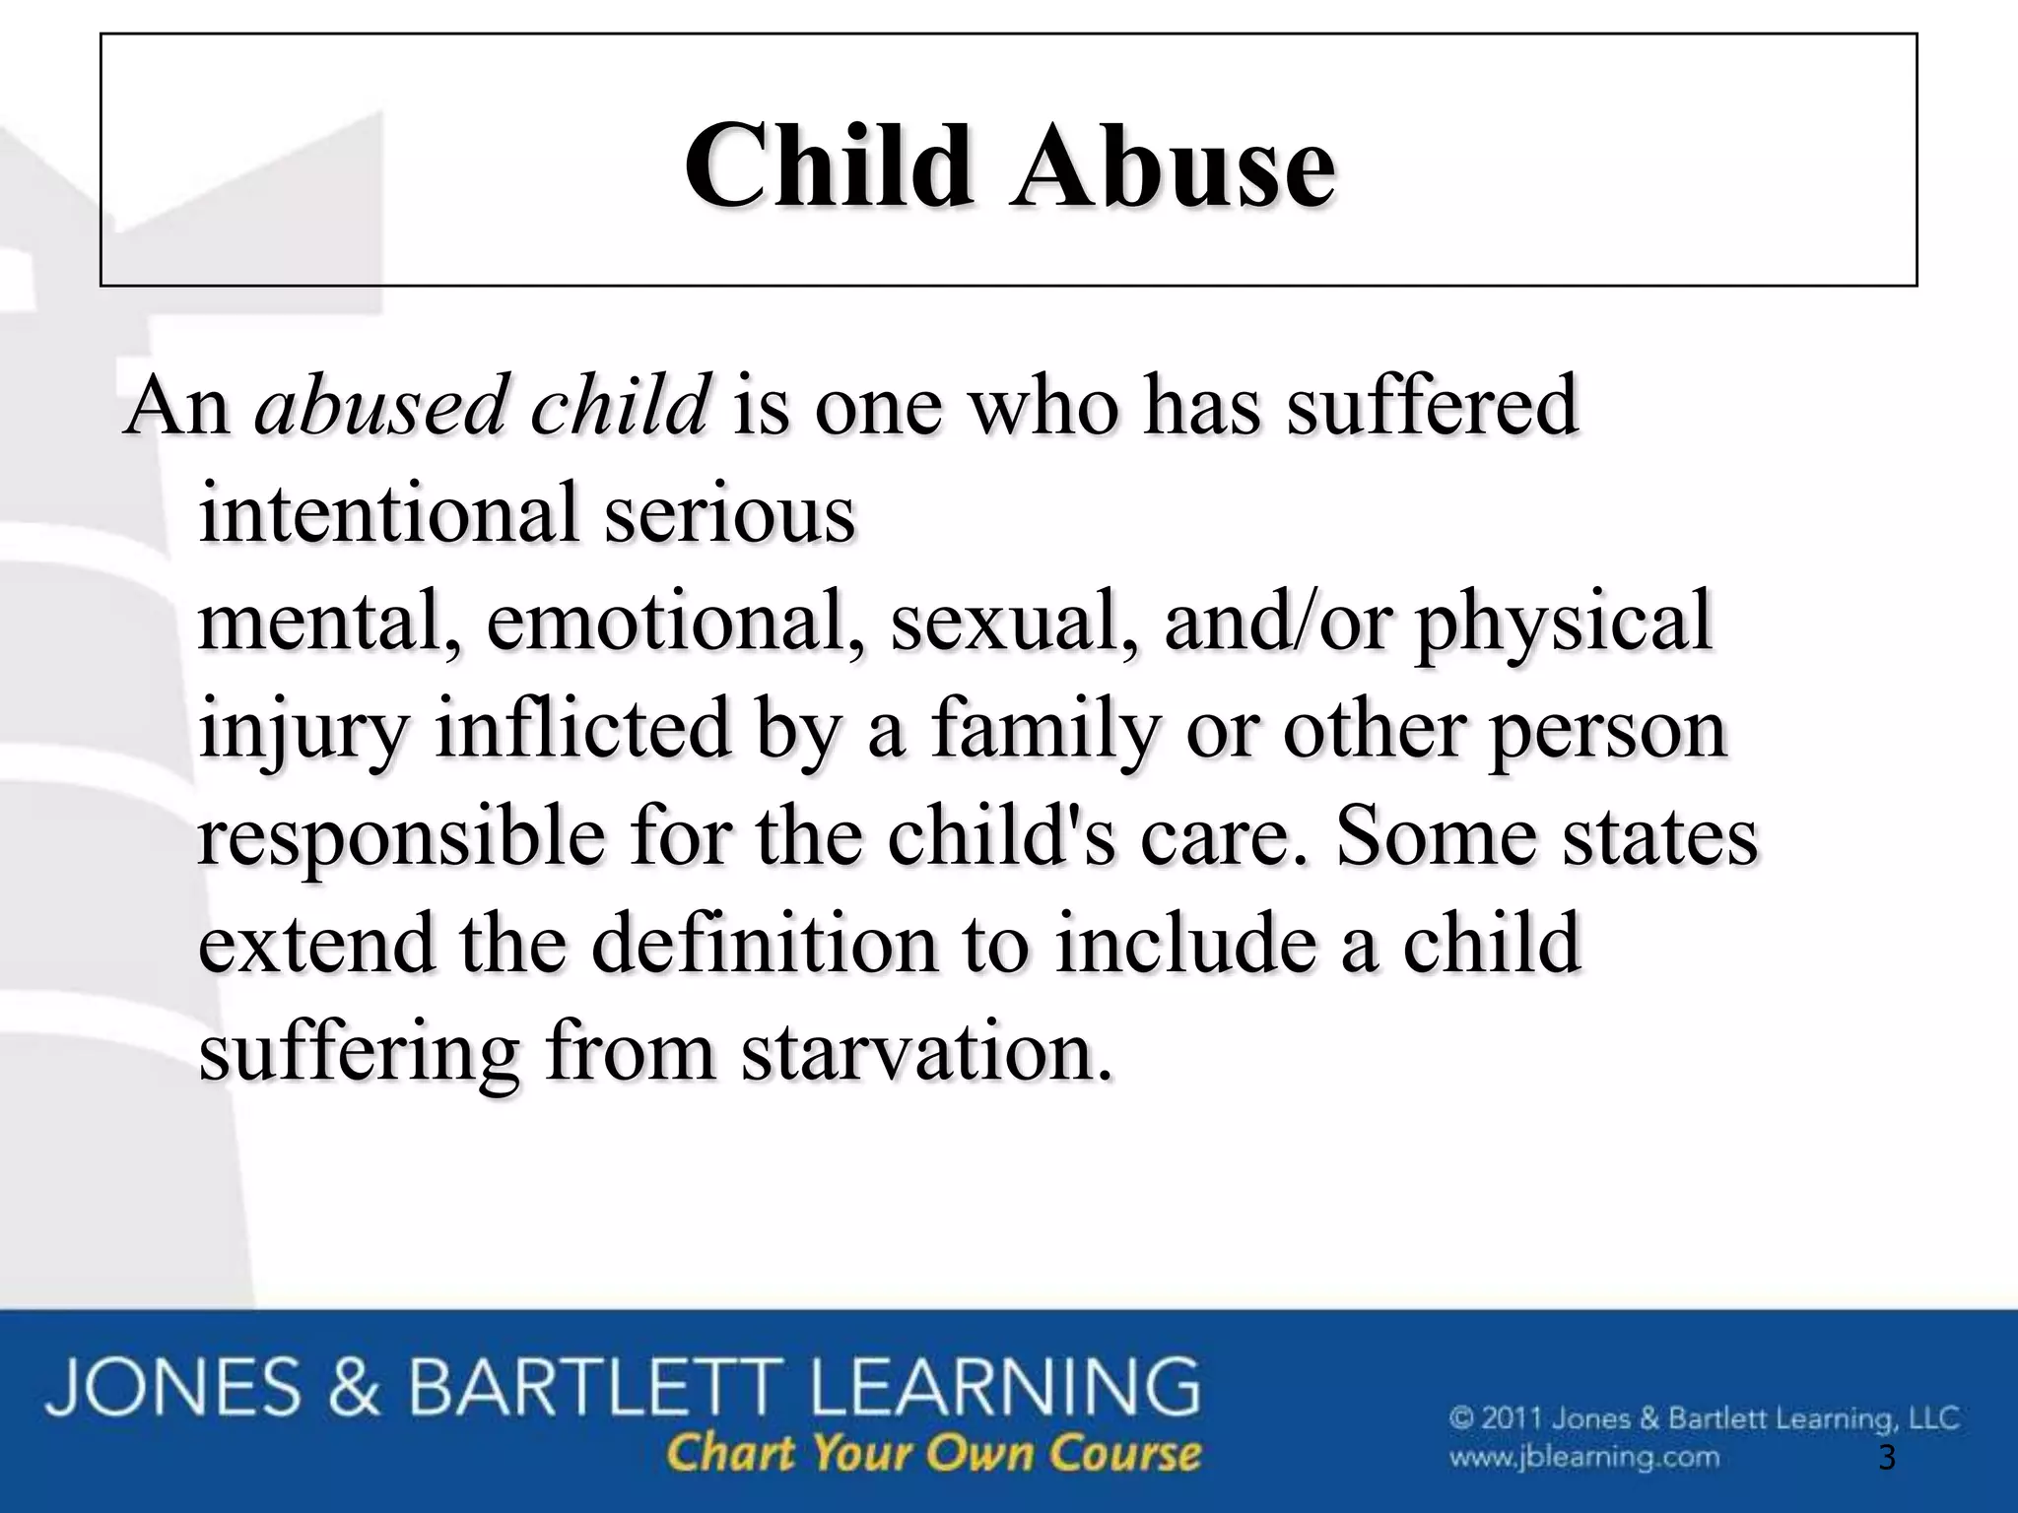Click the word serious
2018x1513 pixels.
(x=729, y=515)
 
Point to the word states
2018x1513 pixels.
(x=1660, y=836)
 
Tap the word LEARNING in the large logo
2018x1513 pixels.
(x=999, y=1388)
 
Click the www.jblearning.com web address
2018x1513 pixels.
(x=1583, y=1456)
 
